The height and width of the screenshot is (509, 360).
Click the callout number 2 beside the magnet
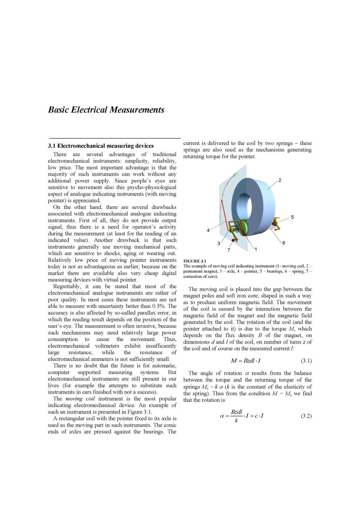(279, 180)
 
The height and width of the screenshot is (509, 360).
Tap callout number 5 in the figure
(292, 217)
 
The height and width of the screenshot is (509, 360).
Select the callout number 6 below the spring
(283, 243)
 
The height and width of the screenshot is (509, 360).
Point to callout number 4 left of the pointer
(208, 230)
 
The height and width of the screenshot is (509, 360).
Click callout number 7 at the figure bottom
(229, 250)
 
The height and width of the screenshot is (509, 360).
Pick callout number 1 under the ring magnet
(255, 249)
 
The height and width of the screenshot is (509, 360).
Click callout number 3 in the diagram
(219, 243)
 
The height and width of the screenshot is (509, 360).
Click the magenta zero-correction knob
(233, 240)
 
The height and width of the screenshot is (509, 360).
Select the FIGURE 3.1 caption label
(195, 261)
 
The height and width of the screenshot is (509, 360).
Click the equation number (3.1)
(306, 361)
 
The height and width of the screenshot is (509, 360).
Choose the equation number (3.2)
(306, 416)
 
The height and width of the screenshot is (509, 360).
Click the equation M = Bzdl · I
(246, 361)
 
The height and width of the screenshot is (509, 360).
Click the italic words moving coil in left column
(80, 399)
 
